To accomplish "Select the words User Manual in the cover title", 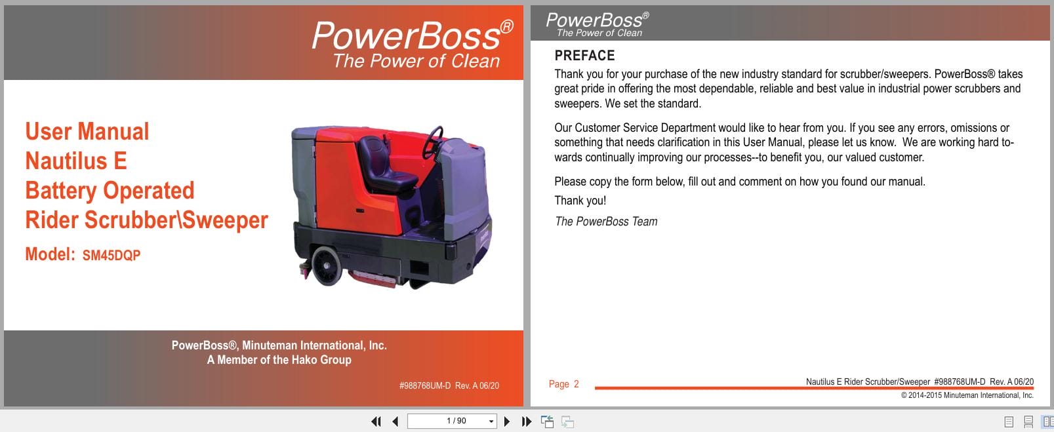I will point(87,132).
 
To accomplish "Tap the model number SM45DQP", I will point(111,256).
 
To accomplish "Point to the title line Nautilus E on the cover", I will point(76,161).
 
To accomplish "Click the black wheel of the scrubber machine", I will point(326,266).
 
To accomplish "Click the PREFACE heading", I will point(584,56).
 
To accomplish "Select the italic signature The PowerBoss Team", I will point(606,222).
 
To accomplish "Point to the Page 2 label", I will point(563,384).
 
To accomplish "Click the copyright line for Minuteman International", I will point(967,395).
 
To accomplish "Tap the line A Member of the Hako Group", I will point(279,360).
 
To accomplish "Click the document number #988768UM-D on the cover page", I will point(424,386).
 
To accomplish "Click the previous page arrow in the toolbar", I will point(395,422).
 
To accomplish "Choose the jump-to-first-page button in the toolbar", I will point(376,422).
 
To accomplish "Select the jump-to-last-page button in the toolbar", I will point(526,422).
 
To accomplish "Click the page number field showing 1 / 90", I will point(448,421).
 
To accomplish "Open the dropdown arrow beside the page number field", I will point(491,422).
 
